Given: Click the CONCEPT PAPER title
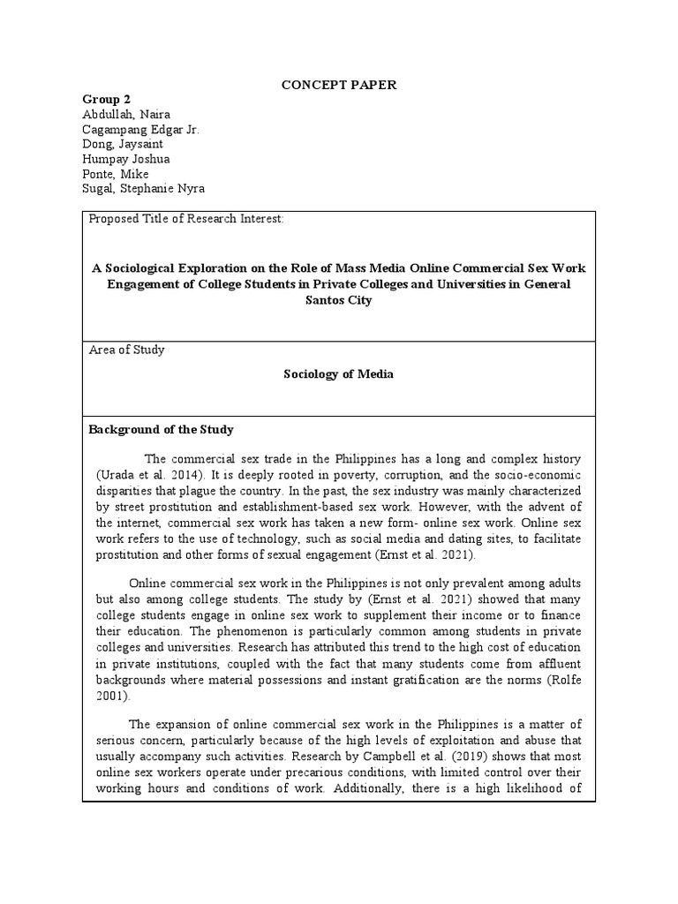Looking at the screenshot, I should (339, 85).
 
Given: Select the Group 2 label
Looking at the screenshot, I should (106, 99).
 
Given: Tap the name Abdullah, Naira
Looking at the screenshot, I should (126, 114).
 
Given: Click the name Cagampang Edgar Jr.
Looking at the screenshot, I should (141, 129).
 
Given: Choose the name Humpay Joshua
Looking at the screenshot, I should (126, 159).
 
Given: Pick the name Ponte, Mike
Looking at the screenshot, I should (116, 173).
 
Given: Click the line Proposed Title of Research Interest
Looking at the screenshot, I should (186, 219).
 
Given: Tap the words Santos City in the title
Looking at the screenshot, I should (339, 300).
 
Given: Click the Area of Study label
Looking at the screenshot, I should (127, 350).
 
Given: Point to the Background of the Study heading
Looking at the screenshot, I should (161, 429).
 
